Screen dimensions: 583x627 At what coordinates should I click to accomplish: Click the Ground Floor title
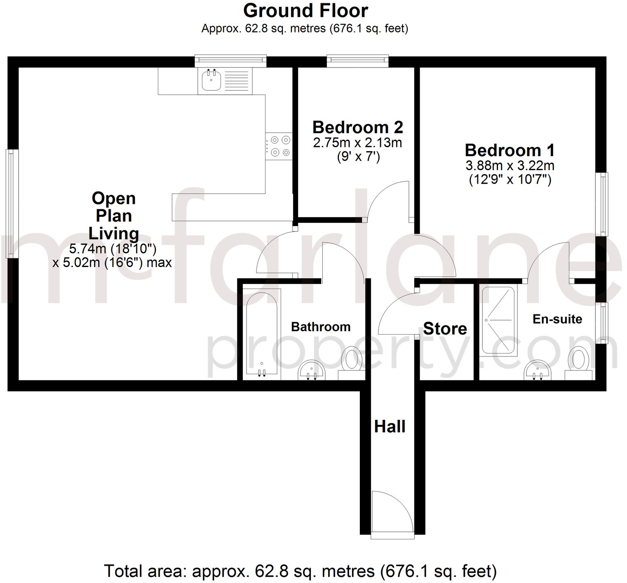pos(305,11)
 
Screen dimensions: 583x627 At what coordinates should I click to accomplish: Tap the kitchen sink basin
pos(211,80)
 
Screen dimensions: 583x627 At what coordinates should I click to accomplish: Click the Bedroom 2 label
pos(357,127)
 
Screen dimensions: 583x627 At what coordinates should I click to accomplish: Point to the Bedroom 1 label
pos(510,150)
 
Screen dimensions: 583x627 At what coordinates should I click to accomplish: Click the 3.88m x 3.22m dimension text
pos(510,166)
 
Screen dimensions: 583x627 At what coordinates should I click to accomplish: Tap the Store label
pos(445,329)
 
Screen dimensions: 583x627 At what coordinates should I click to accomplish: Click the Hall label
pos(390,426)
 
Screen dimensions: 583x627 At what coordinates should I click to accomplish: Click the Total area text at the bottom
pos(300,571)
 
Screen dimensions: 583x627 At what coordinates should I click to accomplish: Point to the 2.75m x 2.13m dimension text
pos(357,143)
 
